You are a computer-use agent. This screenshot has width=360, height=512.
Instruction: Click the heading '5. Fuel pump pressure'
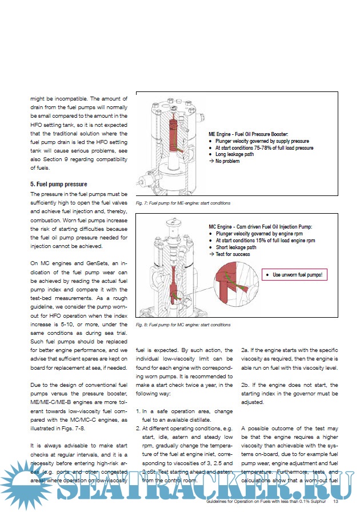58,185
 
